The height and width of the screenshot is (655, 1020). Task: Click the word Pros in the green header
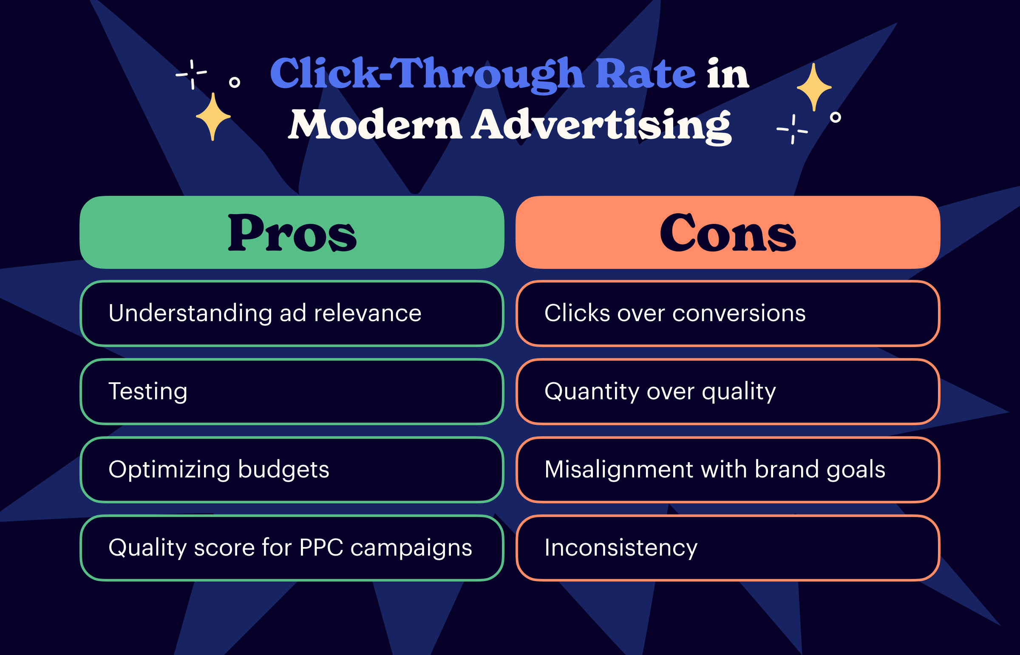292,234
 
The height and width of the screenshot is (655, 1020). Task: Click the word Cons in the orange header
728,234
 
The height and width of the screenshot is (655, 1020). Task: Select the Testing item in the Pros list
148,391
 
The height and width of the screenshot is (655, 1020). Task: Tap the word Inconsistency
621,548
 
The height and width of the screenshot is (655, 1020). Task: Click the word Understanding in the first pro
190,313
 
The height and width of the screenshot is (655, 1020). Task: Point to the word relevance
368,313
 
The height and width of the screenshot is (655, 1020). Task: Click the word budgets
284,469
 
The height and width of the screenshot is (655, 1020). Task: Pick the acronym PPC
321,548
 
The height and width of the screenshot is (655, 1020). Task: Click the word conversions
739,313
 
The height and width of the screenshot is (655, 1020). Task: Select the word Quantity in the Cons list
592,391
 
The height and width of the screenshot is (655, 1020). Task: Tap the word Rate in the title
646,74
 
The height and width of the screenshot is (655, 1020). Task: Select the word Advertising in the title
601,124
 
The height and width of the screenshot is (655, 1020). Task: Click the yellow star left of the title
213,116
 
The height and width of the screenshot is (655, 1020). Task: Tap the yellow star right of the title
814,87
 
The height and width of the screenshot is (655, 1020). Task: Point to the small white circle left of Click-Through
235,82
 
